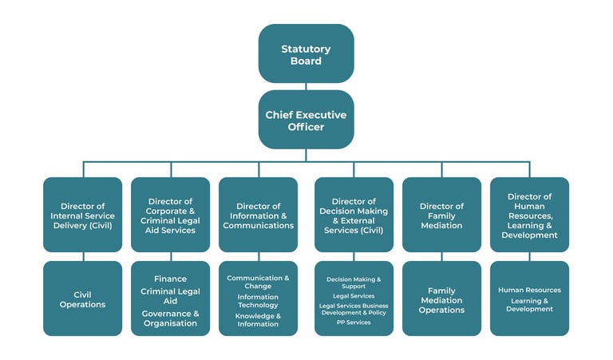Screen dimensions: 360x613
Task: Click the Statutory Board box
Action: click(x=306, y=53)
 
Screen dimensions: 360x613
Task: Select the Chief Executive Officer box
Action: click(x=306, y=120)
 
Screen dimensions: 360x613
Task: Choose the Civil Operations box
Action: click(x=82, y=299)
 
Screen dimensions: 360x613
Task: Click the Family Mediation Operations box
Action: click(x=441, y=300)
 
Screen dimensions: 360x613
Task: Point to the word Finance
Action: click(x=170, y=279)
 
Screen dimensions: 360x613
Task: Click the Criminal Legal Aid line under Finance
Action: click(x=170, y=296)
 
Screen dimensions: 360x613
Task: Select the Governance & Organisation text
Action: click(x=170, y=318)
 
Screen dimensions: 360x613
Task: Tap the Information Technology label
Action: click(x=258, y=301)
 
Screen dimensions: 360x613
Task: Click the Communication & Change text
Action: click(x=258, y=282)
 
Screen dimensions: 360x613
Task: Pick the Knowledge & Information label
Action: click(x=258, y=320)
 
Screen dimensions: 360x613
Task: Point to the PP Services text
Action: click(x=354, y=322)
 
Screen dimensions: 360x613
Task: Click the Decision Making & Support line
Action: click(x=354, y=283)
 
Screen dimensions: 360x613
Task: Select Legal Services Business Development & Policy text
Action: click(x=354, y=309)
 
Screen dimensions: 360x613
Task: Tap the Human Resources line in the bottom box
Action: click(x=529, y=290)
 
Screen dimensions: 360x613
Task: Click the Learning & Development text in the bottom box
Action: click(x=529, y=305)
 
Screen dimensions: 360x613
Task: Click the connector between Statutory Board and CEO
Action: click(x=306, y=86)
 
